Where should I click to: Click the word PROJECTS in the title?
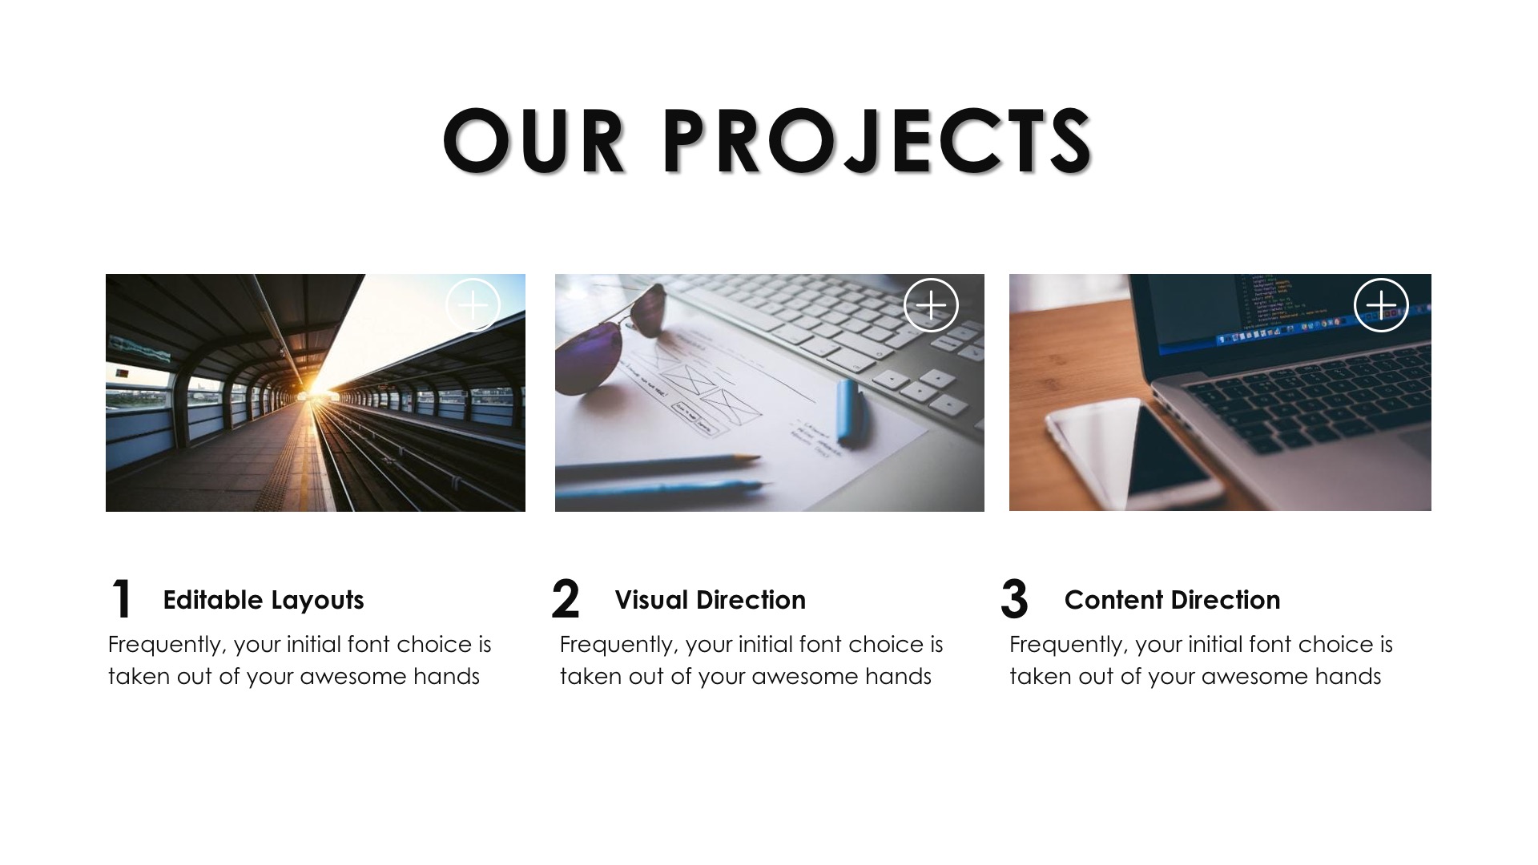pyautogui.click(x=878, y=141)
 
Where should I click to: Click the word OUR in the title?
pyautogui.click(x=533, y=141)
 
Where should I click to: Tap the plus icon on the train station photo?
pyautogui.click(x=473, y=305)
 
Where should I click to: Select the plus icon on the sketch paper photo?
pyautogui.click(x=931, y=305)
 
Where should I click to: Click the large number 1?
pyautogui.click(x=121, y=599)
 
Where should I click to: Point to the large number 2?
pyautogui.click(x=565, y=599)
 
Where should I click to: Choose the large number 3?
pyautogui.click(x=1014, y=599)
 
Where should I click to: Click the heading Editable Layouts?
pyautogui.click(x=264, y=600)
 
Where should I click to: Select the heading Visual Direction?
pyautogui.click(x=711, y=600)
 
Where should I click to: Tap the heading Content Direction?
pyautogui.click(x=1173, y=600)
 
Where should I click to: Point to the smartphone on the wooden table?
pyautogui.click(x=1129, y=453)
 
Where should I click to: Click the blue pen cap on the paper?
pyautogui.click(x=848, y=412)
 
